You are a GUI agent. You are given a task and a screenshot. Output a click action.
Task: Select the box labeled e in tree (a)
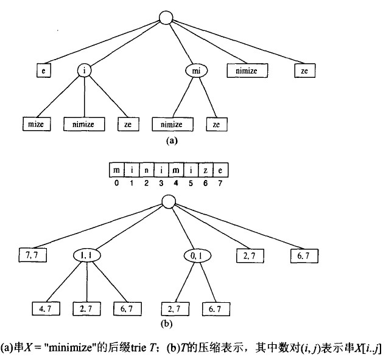tap(43, 71)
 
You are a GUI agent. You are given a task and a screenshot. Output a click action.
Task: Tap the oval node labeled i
tap(85, 71)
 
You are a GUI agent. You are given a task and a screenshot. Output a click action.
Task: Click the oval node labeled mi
tap(196, 71)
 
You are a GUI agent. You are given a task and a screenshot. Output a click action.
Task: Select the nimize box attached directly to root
tap(247, 71)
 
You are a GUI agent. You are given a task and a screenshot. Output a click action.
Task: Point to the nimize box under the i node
tap(84, 123)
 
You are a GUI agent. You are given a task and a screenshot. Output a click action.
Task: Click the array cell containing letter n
tap(146, 168)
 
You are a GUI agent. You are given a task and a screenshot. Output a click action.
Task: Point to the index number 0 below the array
tap(116, 181)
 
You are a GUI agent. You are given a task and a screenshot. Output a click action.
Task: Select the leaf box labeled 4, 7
tap(45, 310)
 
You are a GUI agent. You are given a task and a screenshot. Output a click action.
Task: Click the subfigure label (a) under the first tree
tap(171, 139)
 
